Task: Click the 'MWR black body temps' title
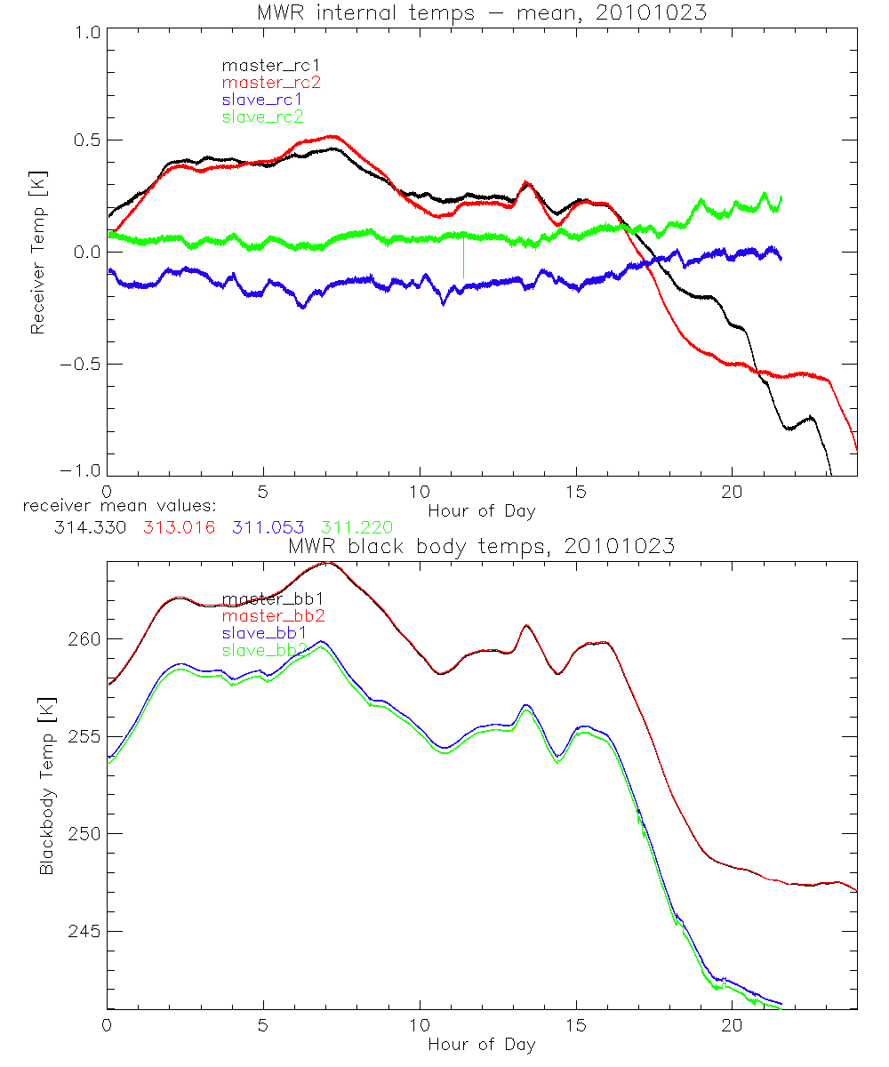click(481, 547)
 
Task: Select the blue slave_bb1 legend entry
click(266, 634)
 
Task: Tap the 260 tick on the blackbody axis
click(81, 639)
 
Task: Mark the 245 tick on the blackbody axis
click(81, 931)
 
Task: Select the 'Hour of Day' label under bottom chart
click(481, 1044)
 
